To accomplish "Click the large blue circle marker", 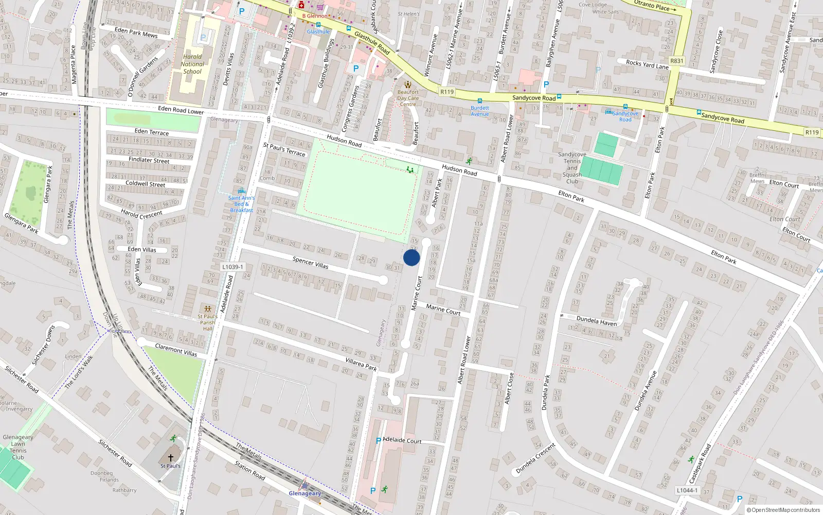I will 411,257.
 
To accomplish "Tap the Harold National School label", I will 192,64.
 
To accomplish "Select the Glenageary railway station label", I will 305,493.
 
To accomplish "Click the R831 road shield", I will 677,61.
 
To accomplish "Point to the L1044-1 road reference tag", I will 687,490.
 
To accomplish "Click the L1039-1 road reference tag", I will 232,267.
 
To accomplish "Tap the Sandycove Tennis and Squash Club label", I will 572,168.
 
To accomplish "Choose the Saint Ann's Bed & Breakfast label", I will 241,204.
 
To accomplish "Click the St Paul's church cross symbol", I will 171,457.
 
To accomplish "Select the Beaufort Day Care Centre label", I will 408,98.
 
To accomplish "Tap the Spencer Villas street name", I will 310,263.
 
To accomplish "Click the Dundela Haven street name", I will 597,321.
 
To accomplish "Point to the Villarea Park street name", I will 361,365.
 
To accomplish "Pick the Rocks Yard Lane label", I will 647,64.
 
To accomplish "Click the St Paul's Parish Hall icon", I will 207,308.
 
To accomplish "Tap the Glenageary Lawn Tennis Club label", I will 18,447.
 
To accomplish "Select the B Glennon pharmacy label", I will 314,16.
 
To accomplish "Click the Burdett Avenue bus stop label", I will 480,111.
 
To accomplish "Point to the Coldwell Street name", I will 146,183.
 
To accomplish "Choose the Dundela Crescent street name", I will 535,458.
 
